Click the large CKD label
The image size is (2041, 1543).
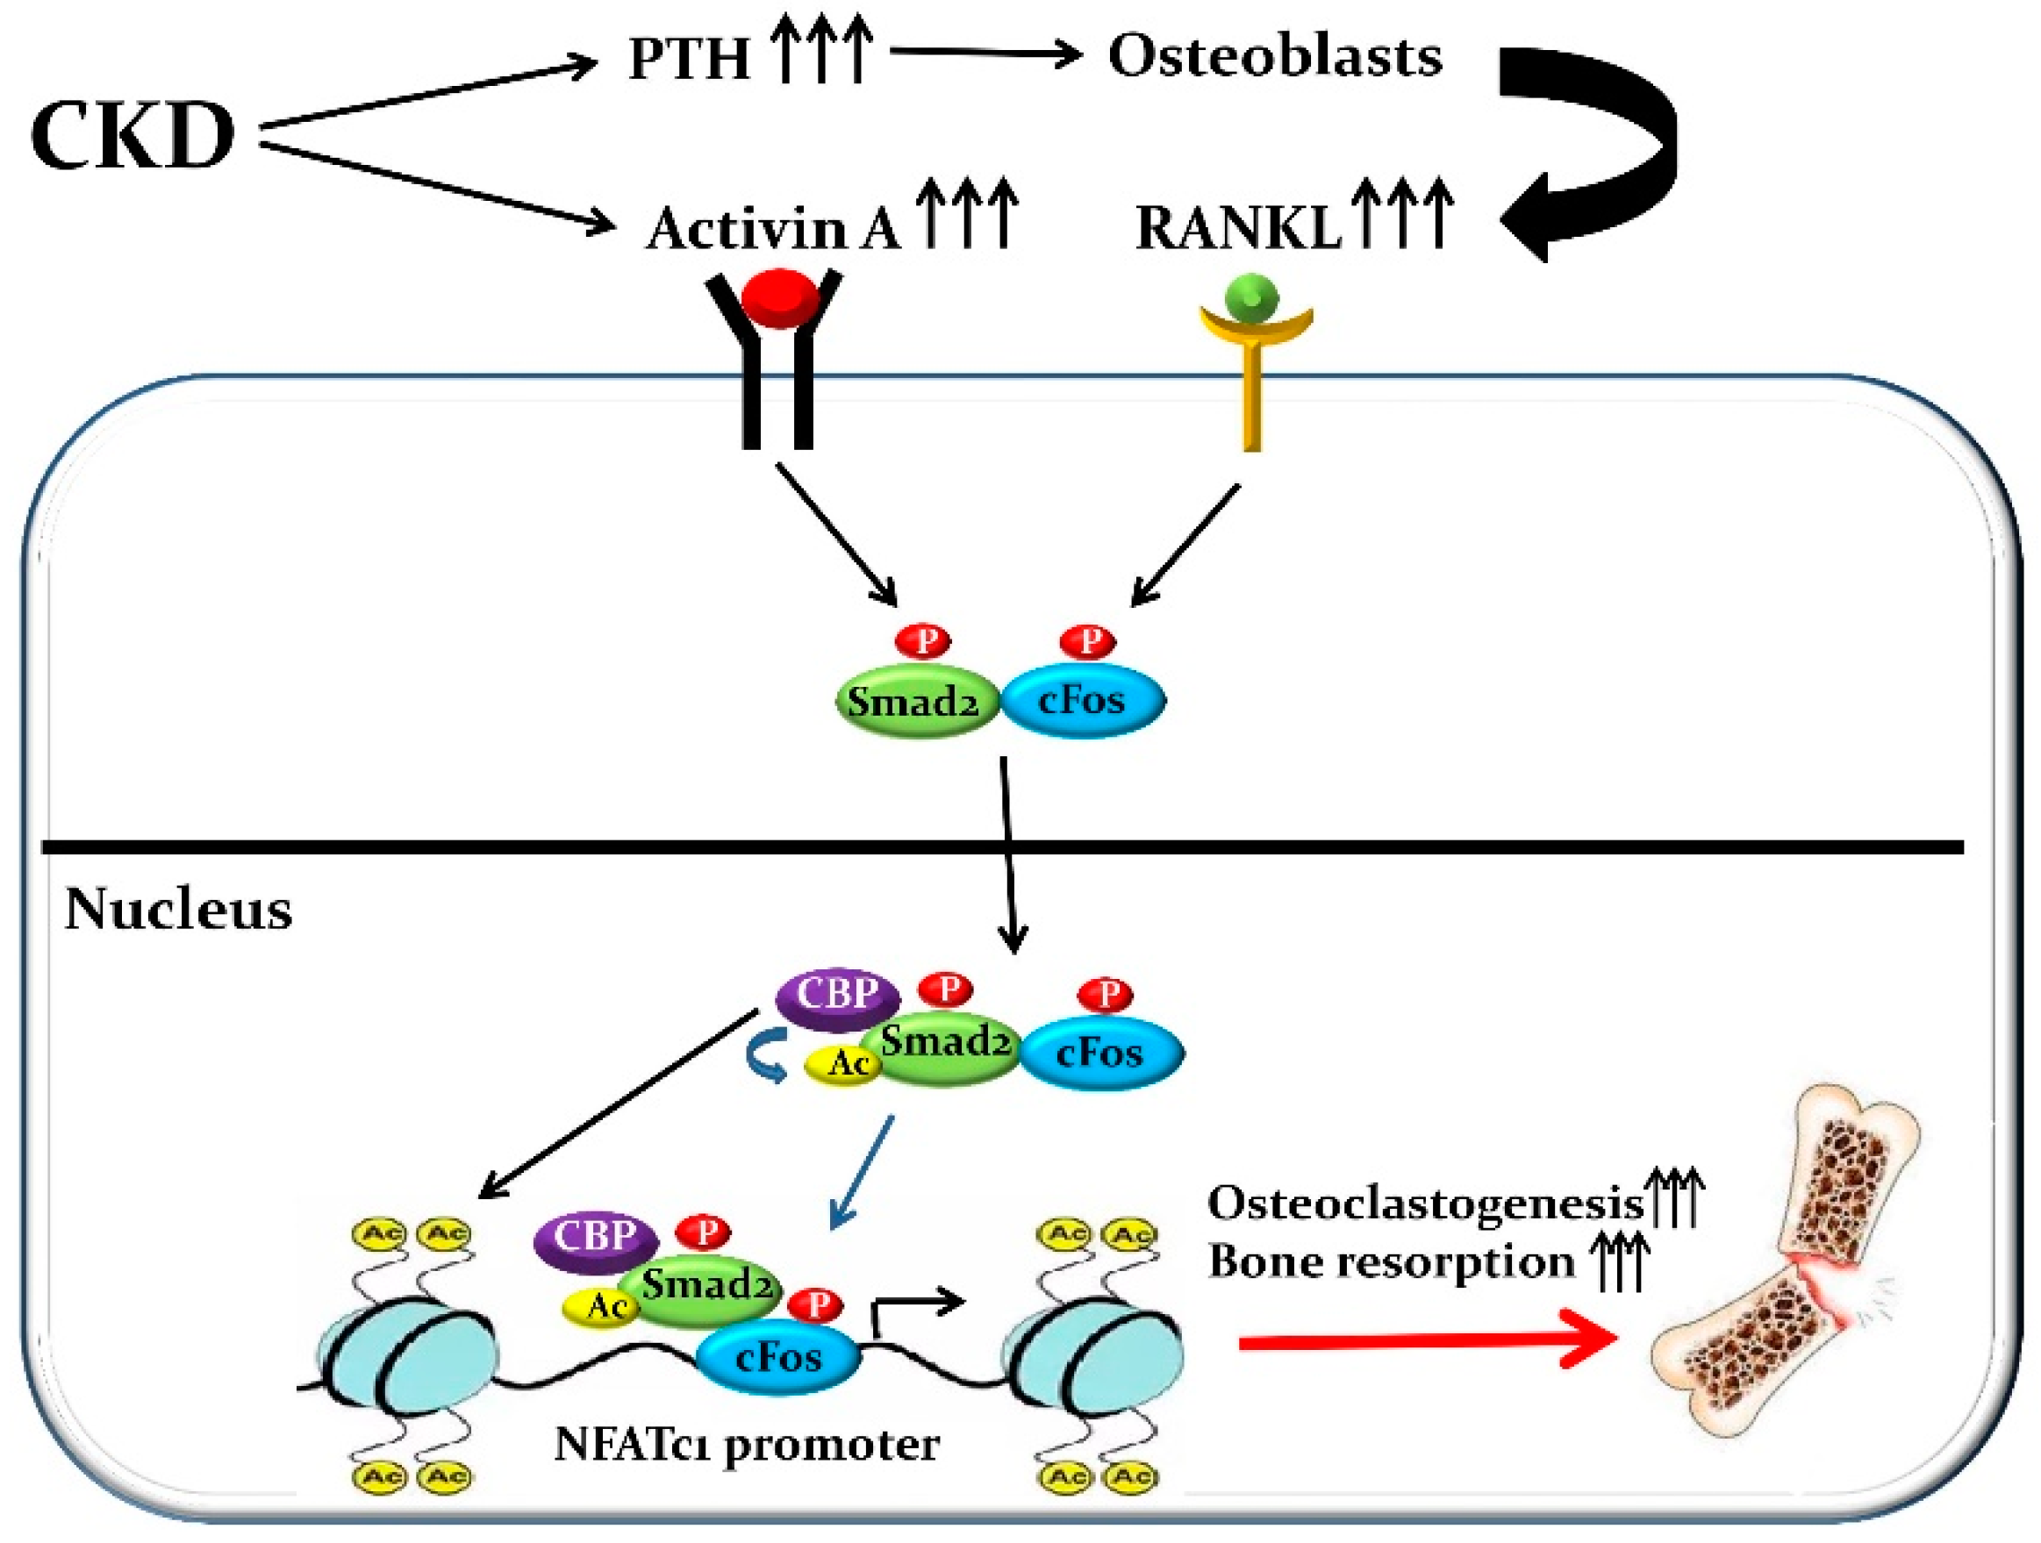tap(132, 136)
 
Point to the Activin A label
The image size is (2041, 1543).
tap(773, 228)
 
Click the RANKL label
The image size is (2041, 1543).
tap(1238, 228)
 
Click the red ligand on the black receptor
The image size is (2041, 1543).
tap(780, 298)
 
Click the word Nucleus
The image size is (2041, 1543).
tap(178, 910)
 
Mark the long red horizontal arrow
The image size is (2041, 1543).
tap(1429, 1344)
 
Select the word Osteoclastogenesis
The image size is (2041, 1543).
tap(1426, 1203)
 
